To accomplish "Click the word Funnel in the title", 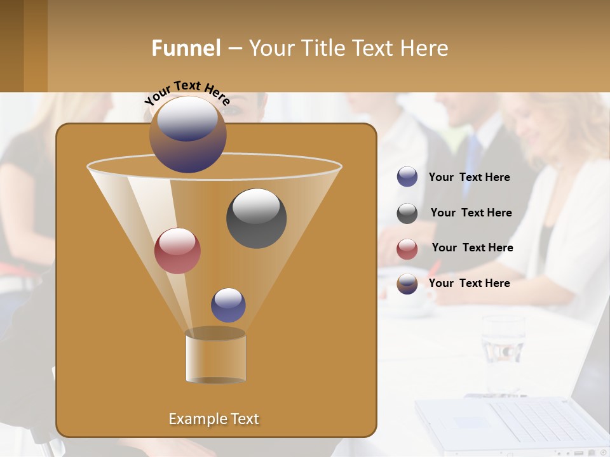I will pos(186,48).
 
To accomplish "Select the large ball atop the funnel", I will pos(188,134).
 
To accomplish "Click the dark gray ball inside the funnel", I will pos(256,218).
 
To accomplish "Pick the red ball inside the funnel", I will pos(177,251).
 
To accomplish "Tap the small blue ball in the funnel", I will pos(228,305).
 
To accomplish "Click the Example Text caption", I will pos(214,419).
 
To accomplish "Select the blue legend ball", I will pos(407,177).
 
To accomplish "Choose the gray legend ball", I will pos(407,213).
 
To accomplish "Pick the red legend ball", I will pos(407,249).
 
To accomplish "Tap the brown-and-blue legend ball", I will pos(407,284).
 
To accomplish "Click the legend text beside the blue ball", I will pos(469,178).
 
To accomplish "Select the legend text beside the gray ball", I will pos(471,213).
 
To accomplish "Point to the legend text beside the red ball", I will pos(472,248).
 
